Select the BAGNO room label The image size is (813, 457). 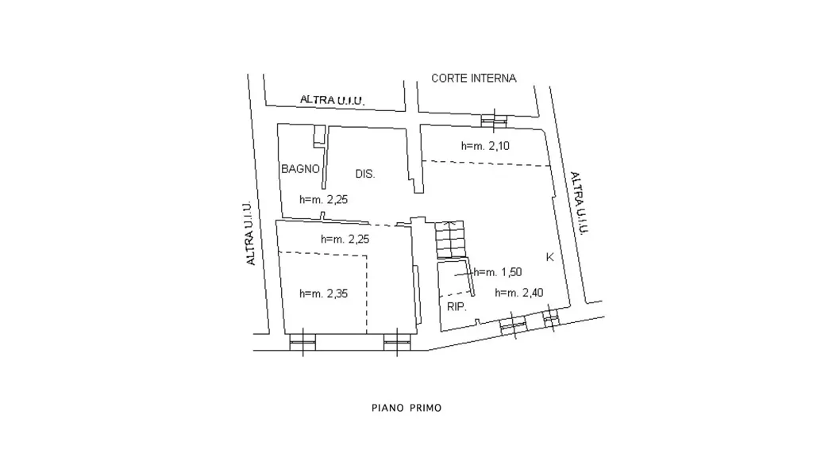(300, 169)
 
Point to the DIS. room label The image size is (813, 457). (365, 174)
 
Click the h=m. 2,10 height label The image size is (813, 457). (485, 146)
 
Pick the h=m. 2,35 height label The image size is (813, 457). (324, 294)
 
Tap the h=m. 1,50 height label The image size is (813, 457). (498, 272)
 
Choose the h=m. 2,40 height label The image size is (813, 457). (519, 293)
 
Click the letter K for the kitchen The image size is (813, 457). (550, 257)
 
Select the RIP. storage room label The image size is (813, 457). (457, 307)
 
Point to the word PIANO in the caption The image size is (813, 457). (387, 408)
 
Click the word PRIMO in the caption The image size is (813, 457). (426, 408)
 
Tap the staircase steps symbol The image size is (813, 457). (449, 240)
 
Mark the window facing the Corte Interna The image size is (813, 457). (494, 121)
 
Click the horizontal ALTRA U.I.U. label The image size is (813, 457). (333, 100)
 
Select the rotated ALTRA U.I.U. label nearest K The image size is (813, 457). (580, 203)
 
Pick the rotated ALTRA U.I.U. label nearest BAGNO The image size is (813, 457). (249, 233)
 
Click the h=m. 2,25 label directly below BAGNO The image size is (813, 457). (324, 199)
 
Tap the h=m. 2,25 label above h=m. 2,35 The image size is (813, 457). (345, 240)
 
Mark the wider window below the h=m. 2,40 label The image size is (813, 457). (514, 325)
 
